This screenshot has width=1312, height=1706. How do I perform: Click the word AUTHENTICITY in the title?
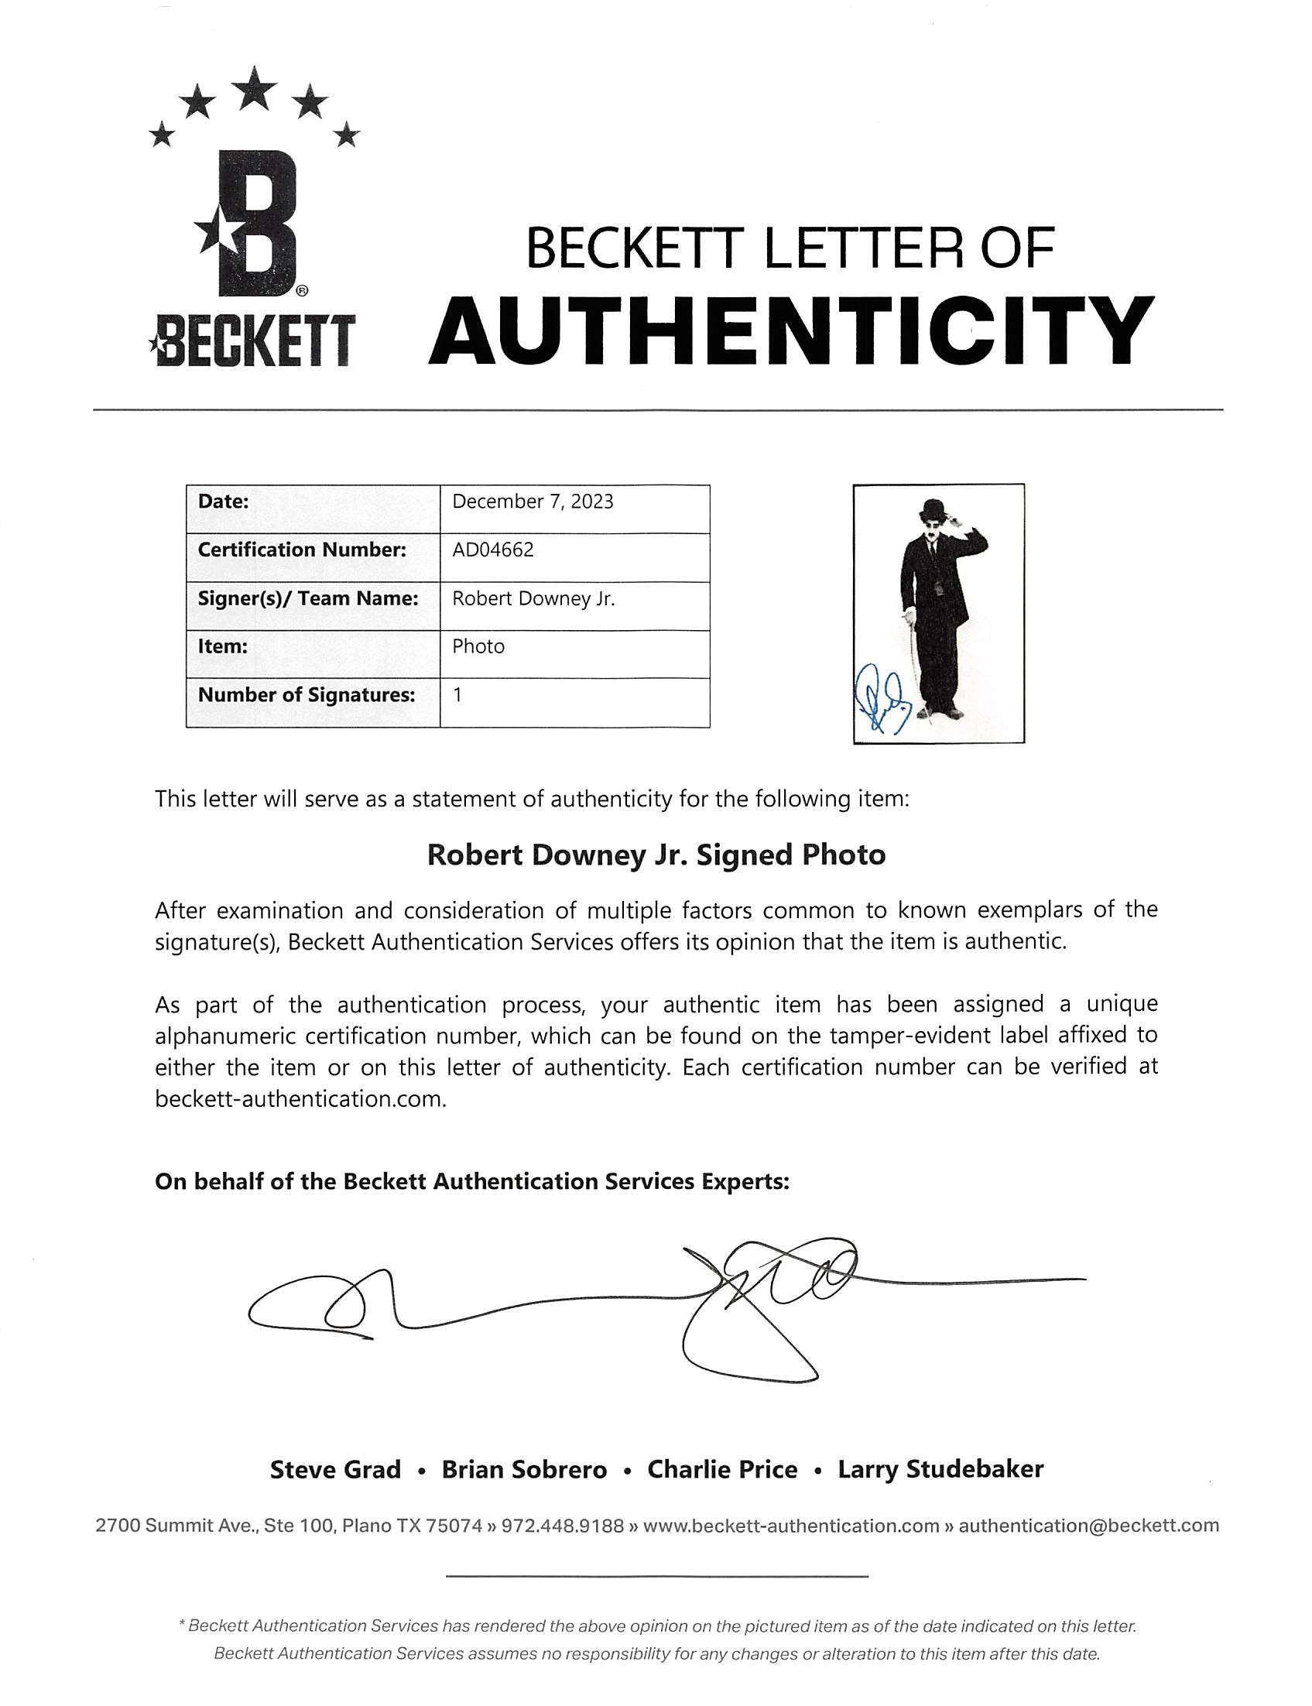point(790,331)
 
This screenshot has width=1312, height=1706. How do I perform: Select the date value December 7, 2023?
point(533,502)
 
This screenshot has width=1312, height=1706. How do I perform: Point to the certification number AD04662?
point(493,550)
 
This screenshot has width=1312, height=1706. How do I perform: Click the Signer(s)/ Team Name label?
point(308,598)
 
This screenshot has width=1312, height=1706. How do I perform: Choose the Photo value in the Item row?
point(478,646)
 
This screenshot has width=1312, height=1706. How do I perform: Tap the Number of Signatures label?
point(307,695)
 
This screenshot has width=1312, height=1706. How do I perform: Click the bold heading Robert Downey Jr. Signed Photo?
point(656,855)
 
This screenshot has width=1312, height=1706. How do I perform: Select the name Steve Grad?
point(335,1470)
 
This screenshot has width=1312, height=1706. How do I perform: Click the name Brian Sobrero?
point(524,1470)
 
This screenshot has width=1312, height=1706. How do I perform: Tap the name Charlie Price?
point(722,1470)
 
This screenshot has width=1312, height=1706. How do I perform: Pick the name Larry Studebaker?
point(940,1470)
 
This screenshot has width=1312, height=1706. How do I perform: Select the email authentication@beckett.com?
point(1088,1526)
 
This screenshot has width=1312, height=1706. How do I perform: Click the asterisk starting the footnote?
point(182,1625)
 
